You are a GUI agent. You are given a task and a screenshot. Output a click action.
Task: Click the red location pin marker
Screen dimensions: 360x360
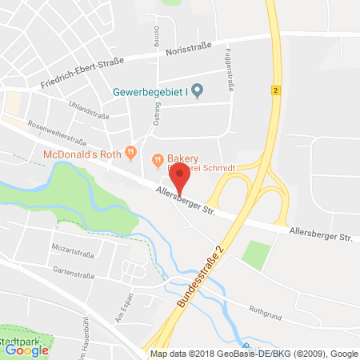click(180, 177)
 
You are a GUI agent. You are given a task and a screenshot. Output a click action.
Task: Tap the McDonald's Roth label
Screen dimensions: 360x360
click(86, 154)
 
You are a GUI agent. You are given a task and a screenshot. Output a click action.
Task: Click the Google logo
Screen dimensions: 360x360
click(26, 349)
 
